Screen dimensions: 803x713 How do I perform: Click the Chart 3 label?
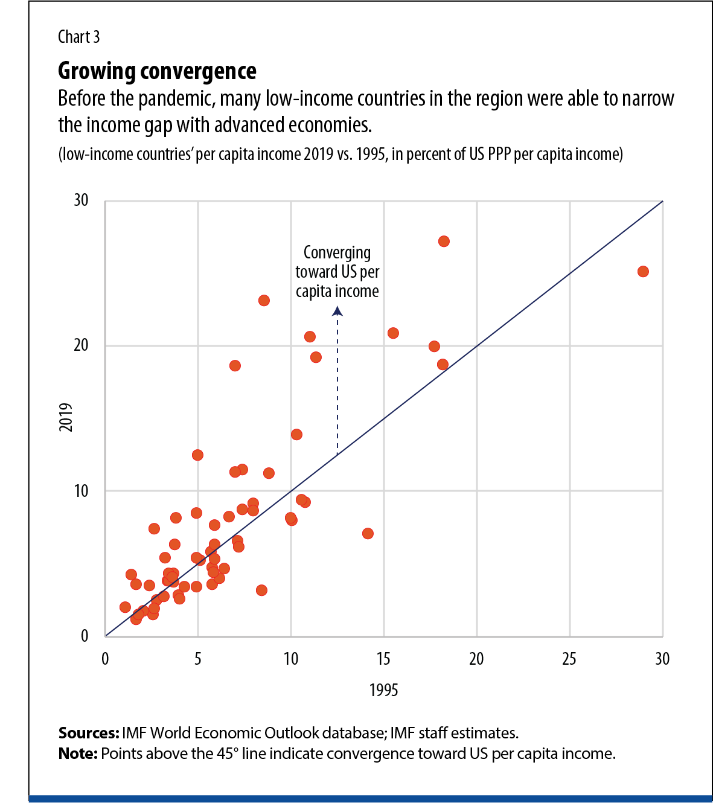point(78,37)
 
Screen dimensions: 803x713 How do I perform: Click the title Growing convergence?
point(157,71)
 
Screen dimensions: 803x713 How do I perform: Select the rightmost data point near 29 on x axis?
point(643,272)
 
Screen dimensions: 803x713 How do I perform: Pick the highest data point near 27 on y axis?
point(444,242)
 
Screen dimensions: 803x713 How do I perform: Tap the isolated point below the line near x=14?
point(368,534)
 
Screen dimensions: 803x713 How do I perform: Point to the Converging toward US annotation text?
point(337,272)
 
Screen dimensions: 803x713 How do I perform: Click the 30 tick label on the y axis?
point(81,200)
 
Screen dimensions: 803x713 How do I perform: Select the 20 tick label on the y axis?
point(81,345)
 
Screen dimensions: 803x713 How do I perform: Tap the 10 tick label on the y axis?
point(81,491)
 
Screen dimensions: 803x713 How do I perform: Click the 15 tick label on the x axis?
point(383,659)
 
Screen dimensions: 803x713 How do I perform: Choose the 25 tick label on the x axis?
point(569,659)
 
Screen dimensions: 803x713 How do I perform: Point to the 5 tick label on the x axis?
point(198,659)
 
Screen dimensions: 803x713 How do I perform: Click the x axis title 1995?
point(383,690)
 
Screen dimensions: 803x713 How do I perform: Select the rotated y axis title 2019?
point(66,417)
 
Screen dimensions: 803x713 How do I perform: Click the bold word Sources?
point(88,734)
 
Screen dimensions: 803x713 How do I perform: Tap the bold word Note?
point(77,754)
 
